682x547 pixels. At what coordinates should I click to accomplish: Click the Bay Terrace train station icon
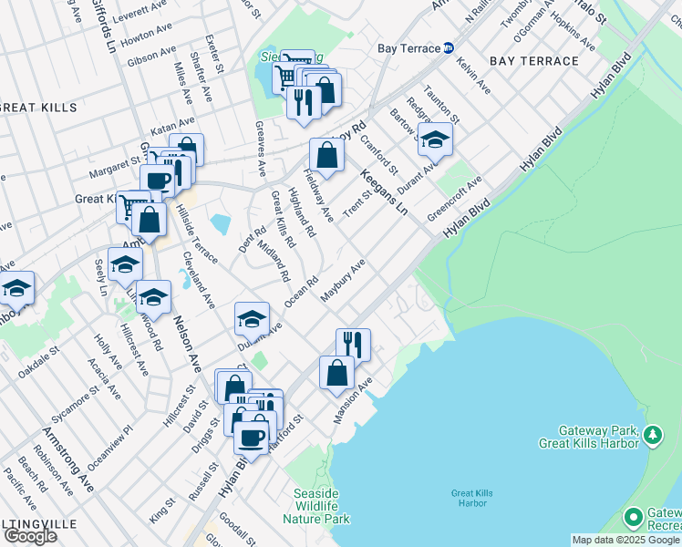click(449, 48)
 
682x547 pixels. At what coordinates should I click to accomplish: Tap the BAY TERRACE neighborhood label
click(533, 61)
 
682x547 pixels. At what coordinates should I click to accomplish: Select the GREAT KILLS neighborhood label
click(27, 108)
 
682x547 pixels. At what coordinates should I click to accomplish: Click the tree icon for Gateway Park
click(653, 436)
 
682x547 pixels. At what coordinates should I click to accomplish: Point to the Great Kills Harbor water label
click(471, 499)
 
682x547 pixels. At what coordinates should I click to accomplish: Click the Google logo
click(30, 536)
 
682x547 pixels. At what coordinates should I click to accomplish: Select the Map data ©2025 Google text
click(625, 540)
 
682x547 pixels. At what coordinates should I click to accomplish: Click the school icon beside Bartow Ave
click(436, 139)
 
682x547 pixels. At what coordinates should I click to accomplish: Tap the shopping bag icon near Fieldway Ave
click(326, 156)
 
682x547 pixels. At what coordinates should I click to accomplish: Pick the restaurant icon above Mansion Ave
click(353, 345)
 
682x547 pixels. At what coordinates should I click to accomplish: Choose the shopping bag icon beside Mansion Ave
click(336, 372)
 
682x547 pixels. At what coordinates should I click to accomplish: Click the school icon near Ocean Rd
click(252, 319)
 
